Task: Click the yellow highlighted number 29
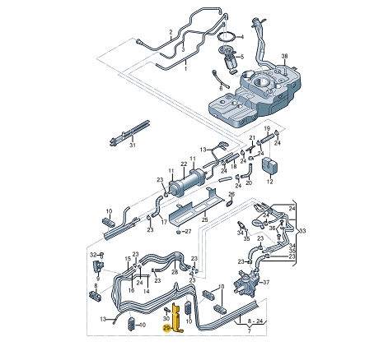[x=166, y=328]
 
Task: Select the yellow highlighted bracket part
[x=176, y=317]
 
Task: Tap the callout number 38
[x=284, y=56]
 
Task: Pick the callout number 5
[x=242, y=57]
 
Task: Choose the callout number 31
[x=133, y=145]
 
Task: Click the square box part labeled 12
[x=270, y=165]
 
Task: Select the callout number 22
[x=184, y=164]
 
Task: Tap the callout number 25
[x=205, y=219]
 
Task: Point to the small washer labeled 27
[x=178, y=232]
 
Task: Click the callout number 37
[x=267, y=282]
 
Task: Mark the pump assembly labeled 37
[x=246, y=283]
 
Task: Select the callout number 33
[x=302, y=231]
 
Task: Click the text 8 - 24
[x=255, y=321]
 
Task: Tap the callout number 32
[x=93, y=255]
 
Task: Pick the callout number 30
[x=166, y=319]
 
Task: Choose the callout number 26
[x=231, y=194]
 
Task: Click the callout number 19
[x=267, y=128]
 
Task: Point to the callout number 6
[x=221, y=89]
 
